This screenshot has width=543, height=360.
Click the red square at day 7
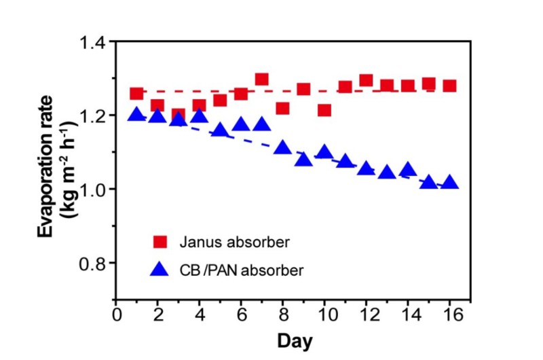pyautogui.click(x=262, y=79)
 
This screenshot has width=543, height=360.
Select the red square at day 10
pyautogui.click(x=324, y=110)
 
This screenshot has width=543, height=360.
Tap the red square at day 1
pyautogui.click(x=136, y=94)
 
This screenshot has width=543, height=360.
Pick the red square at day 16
pyautogui.click(x=449, y=86)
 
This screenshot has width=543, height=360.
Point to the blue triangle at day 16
pyautogui.click(x=449, y=182)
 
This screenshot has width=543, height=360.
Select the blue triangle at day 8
pyautogui.click(x=282, y=147)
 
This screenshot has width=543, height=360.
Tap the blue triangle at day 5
pyautogui.click(x=220, y=130)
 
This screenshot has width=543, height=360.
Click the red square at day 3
pyautogui.click(x=179, y=115)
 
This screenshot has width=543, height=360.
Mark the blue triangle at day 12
pyautogui.click(x=366, y=168)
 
